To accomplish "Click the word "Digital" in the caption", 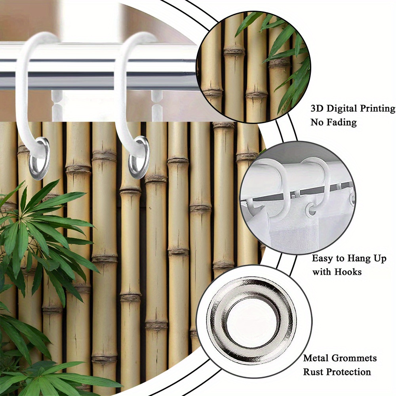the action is pyautogui.click(x=341, y=109).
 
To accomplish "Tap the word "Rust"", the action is pyautogui.click(x=312, y=372).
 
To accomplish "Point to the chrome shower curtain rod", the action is pyautogui.click(x=99, y=67).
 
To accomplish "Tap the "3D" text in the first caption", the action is pyautogui.click(x=317, y=109).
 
